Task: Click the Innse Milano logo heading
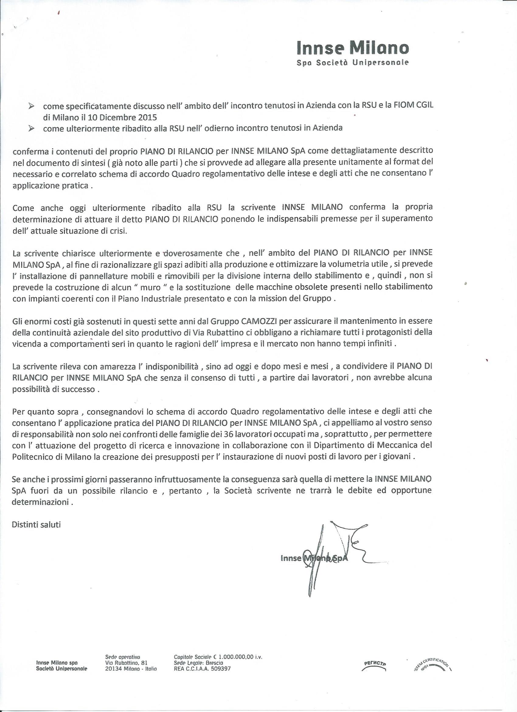click(353, 48)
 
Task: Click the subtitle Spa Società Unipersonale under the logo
click(353, 62)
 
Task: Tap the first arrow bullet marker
click(31, 108)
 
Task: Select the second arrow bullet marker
click(31, 128)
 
